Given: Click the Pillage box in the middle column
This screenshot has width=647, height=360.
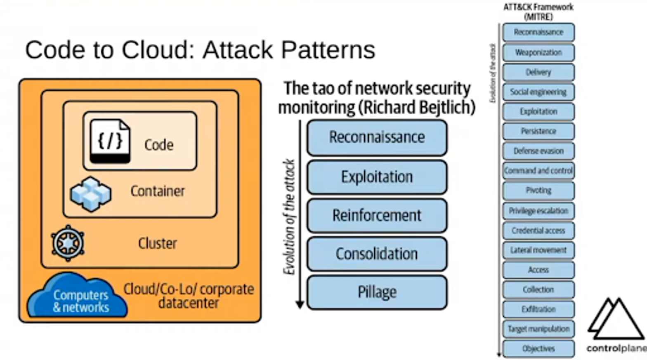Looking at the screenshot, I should coord(377,292).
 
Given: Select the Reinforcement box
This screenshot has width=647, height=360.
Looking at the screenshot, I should coord(377,216).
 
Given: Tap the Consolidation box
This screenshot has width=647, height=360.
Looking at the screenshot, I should coord(377,254).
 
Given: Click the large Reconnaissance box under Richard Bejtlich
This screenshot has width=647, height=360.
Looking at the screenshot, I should coord(377,137).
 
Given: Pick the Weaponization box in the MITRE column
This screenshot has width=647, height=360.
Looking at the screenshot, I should coord(538,52).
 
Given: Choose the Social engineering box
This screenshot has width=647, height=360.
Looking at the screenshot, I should coord(538,92).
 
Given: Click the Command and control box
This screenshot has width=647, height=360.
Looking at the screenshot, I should coord(538,171).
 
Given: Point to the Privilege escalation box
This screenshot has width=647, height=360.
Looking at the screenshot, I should coord(538,211).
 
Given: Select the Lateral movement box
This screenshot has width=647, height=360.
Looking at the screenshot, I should coord(538,250).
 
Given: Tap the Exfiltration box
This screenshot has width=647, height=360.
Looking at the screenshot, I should coord(538,309).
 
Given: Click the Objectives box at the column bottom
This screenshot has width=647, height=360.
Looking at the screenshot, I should coord(538,349).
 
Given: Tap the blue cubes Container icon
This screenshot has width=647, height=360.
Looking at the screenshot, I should coord(91,194).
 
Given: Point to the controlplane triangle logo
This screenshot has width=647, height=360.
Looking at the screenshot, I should coord(615,320).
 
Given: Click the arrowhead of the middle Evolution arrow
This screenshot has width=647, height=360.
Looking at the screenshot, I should coord(300,305).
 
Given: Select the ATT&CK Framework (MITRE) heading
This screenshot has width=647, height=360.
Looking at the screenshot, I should coord(538,12).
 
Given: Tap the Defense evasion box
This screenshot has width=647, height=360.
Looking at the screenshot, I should coord(538,151).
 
